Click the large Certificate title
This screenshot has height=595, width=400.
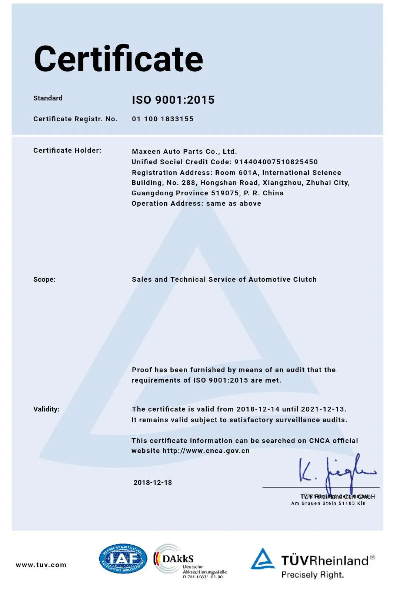tap(119, 59)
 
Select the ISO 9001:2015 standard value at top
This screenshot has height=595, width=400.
tap(173, 100)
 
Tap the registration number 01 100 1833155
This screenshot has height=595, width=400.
tap(163, 119)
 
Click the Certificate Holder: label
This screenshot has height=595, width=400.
tap(67, 151)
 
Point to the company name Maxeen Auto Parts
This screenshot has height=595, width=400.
tap(184, 151)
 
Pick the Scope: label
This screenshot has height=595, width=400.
tap(44, 280)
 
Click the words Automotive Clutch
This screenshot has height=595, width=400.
tap(283, 280)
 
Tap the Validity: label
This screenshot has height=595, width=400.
tap(46, 409)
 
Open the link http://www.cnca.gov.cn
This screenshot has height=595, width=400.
tap(206, 451)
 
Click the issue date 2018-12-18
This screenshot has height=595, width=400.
tap(153, 483)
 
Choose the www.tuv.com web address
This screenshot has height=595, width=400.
tap(41, 565)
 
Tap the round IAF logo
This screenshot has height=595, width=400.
tap(123, 559)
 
